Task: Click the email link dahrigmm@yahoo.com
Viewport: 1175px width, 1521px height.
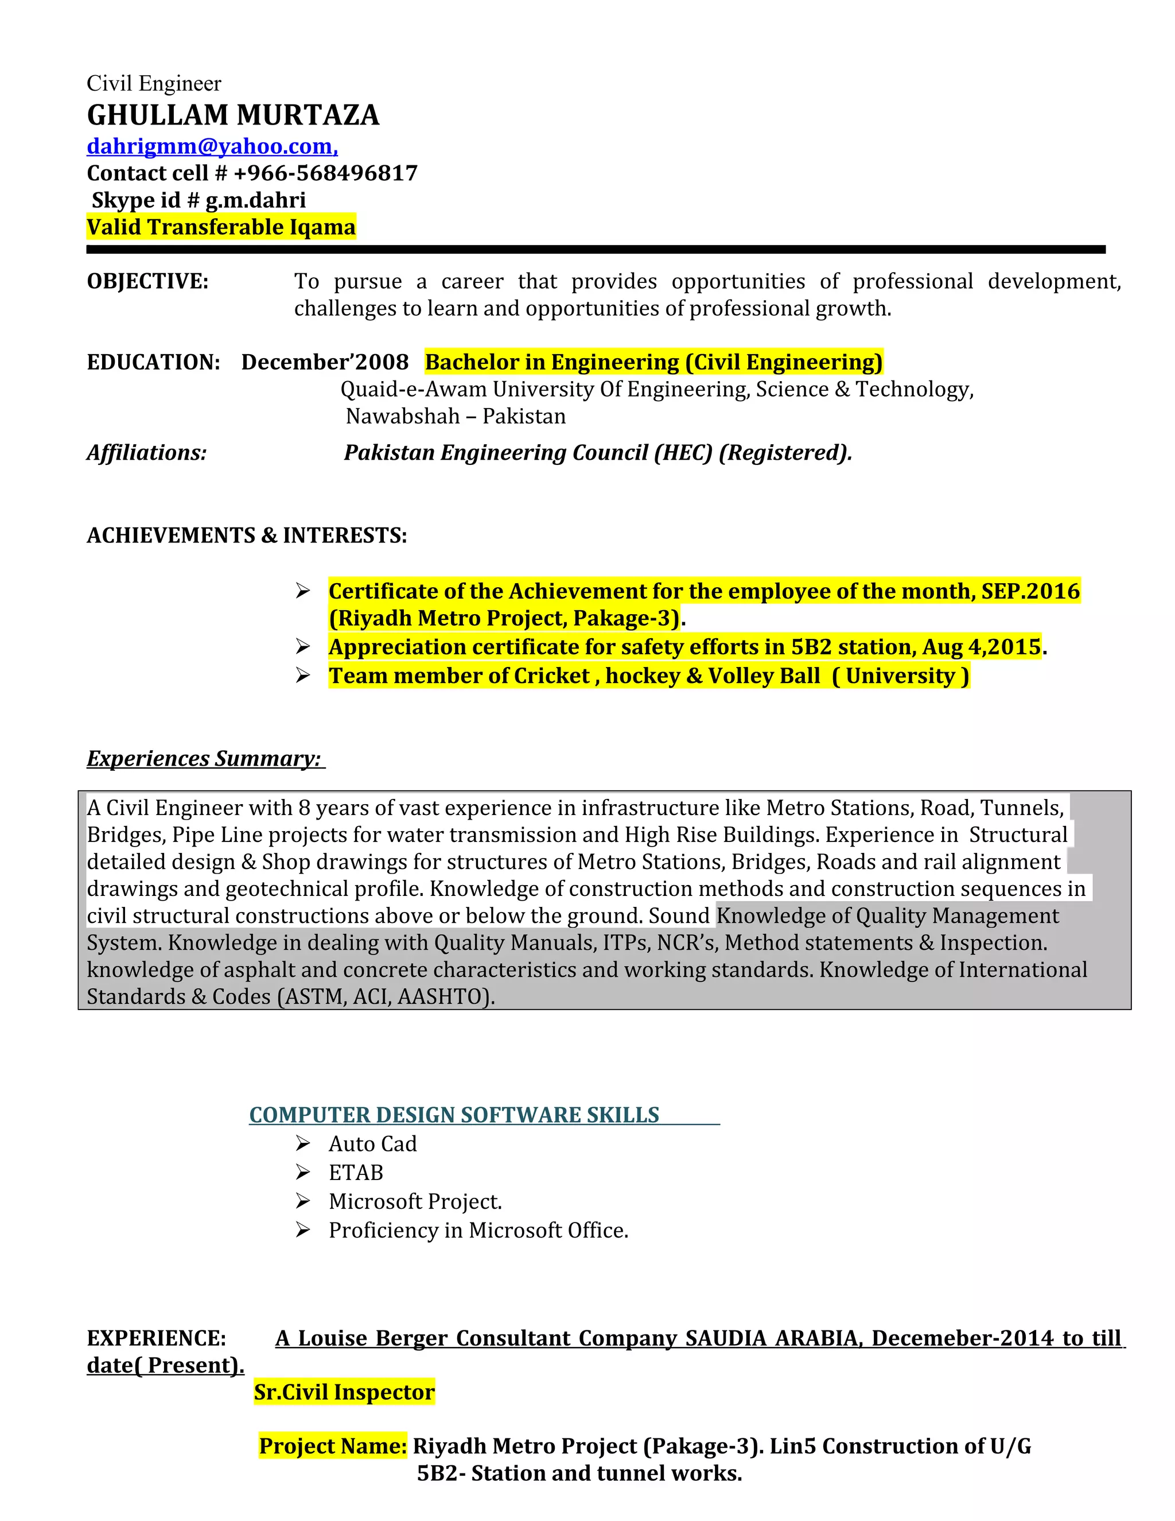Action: tap(212, 146)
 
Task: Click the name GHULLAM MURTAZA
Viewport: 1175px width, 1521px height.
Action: tap(233, 115)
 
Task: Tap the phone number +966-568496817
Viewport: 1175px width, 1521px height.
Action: tap(325, 173)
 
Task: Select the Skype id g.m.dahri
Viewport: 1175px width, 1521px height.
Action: tap(255, 200)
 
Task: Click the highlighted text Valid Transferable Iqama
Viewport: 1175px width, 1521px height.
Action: tap(221, 227)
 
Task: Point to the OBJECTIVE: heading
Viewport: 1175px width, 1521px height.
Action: tap(147, 281)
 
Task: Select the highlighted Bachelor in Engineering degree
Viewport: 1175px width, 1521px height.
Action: tap(653, 362)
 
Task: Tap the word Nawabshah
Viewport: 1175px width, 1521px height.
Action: tap(402, 417)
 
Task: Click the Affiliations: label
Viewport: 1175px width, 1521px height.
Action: tap(147, 453)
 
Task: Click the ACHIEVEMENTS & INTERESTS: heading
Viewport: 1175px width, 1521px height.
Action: tap(246, 536)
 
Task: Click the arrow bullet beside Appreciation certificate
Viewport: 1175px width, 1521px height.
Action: tap(302, 647)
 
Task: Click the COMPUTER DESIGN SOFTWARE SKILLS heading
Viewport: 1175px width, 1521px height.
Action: tap(454, 1115)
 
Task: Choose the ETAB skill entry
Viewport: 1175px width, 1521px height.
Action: tap(356, 1173)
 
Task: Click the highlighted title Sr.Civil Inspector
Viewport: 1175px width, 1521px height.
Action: tap(344, 1392)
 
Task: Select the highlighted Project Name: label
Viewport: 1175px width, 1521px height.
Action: tap(333, 1446)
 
